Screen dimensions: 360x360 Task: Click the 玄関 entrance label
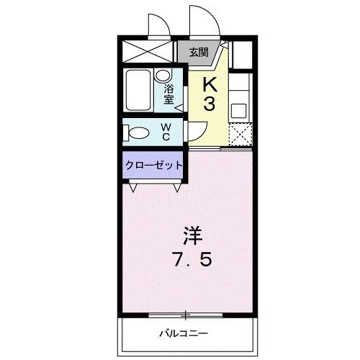[x=199, y=52]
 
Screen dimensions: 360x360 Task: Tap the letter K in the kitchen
[x=210, y=85]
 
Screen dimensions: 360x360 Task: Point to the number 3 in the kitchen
[x=210, y=104]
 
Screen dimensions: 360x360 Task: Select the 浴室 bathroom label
[x=168, y=94]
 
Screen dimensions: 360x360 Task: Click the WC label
[x=166, y=132]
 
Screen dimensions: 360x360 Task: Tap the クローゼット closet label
[x=154, y=165]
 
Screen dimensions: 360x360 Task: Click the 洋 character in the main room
[x=193, y=235]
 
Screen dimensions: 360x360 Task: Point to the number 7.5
[x=192, y=260]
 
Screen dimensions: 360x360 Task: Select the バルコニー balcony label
[x=184, y=333]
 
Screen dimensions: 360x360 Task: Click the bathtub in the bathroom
[x=138, y=90]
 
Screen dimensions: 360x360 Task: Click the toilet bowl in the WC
[x=136, y=132]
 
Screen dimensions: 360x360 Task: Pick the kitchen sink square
[x=238, y=111]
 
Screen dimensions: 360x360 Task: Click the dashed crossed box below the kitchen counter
[x=240, y=134]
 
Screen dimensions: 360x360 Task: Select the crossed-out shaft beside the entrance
[x=148, y=52]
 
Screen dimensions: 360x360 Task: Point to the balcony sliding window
[x=185, y=315]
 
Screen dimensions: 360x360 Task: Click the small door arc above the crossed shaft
[x=165, y=21]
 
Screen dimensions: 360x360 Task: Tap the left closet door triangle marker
[x=132, y=188]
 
